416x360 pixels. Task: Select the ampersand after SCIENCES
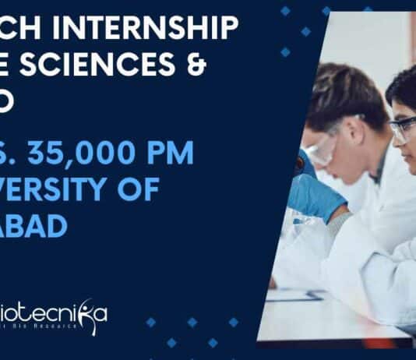pos(195,68)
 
